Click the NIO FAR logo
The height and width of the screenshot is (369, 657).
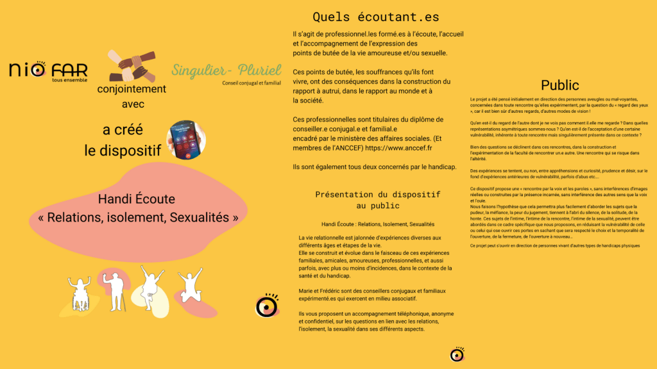(x=47, y=70)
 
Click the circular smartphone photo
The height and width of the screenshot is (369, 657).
(x=186, y=140)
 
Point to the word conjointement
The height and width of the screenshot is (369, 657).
(x=132, y=89)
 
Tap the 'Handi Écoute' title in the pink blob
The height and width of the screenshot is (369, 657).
(x=136, y=199)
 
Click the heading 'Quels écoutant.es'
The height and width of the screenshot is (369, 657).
(x=375, y=17)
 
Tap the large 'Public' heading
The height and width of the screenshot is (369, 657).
(x=559, y=85)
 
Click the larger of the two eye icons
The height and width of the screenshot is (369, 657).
(x=267, y=306)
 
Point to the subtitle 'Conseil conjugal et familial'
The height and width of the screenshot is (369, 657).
(x=252, y=83)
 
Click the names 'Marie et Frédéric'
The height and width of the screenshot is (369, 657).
(x=321, y=291)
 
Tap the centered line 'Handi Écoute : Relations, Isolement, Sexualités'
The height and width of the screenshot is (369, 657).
(x=378, y=224)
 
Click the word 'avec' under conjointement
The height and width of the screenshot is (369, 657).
(x=132, y=103)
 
